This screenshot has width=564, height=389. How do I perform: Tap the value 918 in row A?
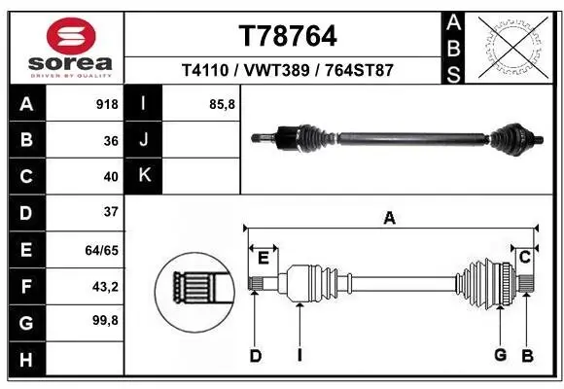pyautogui.click(x=106, y=104)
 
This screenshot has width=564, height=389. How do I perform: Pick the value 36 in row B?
pyautogui.click(x=110, y=140)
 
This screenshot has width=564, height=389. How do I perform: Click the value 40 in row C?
pyautogui.click(x=110, y=176)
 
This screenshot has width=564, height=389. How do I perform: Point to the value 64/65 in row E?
pyautogui.click(x=102, y=249)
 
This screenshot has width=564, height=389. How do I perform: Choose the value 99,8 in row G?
pyautogui.click(x=104, y=319)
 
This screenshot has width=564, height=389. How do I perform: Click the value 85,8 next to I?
pyautogui.click(x=223, y=104)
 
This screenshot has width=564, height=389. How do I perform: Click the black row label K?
pyautogui.click(x=144, y=176)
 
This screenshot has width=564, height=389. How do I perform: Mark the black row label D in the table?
pyautogui.click(x=24, y=212)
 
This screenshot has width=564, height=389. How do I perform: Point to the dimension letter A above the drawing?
pyautogui.click(x=389, y=220)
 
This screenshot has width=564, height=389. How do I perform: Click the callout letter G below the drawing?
pyautogui.click(x=500, y=355)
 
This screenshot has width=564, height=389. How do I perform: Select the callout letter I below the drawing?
pyautogui.click(x=300, y=355)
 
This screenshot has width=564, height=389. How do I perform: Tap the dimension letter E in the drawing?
pyautogui.click(x=263, y=257)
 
